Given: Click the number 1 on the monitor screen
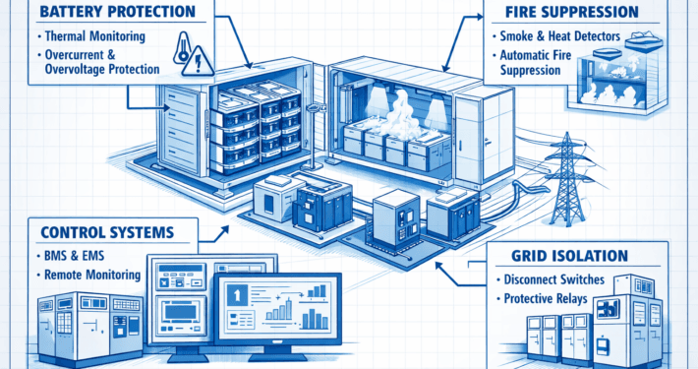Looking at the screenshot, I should click(237, 293).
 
